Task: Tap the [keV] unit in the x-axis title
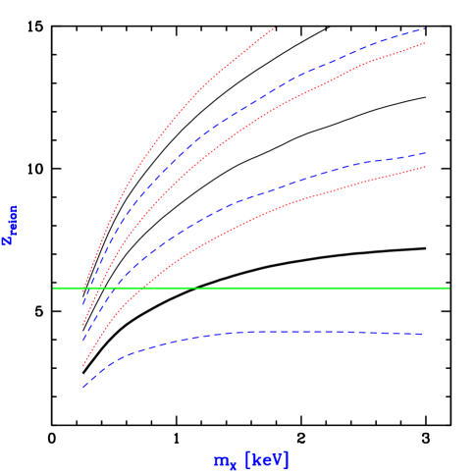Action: point(266,460)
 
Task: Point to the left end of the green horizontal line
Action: point(54,288)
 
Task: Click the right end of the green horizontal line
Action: point(449,288)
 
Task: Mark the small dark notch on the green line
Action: point(199,288)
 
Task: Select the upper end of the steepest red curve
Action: point(275,28)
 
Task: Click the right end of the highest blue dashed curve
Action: point(424,28)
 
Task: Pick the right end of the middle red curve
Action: point(424,43)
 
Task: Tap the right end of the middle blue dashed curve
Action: point(424,153)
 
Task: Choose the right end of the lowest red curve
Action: point(424,167)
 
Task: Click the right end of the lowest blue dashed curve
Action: point(422,335)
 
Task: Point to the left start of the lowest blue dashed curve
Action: point(84,387)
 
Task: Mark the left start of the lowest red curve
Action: point(83,365)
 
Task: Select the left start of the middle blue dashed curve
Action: point(83,340)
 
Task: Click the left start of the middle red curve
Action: point(83,324)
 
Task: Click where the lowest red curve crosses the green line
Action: point(143,288)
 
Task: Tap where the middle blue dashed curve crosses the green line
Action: point(111,288)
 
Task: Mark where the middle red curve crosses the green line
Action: point(101,288)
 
